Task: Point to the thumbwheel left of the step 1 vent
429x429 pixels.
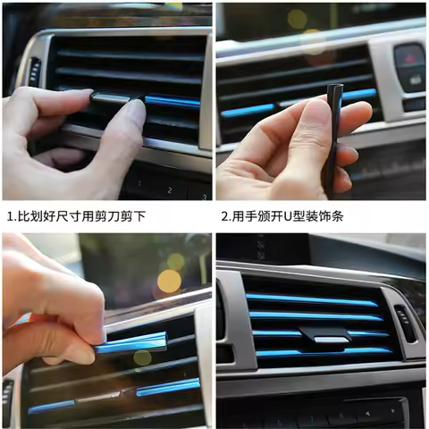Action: pos(34,71)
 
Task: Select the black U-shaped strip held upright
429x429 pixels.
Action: pos(334,134)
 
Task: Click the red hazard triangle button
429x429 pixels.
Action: pos(409,56)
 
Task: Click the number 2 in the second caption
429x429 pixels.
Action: pos(225,216)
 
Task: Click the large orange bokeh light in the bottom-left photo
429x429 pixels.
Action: pos(169,282)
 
